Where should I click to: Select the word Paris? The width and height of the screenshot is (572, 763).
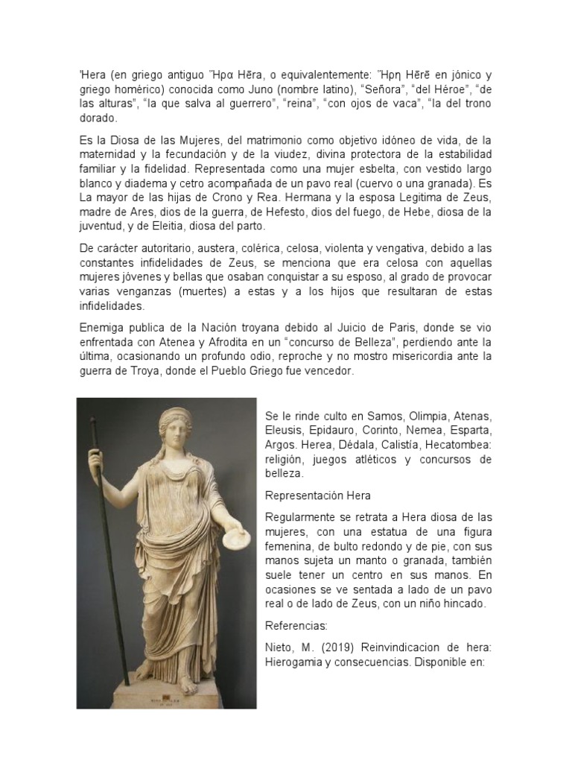coord(400,328)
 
